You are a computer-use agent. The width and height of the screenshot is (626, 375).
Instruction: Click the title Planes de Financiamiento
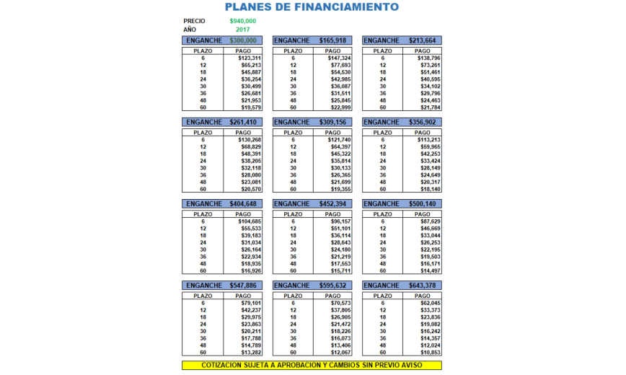tap(312, 7)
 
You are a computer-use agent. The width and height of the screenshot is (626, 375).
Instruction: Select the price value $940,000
tap(242, 21)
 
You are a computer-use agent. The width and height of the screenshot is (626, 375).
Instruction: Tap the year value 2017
tap(242, 30)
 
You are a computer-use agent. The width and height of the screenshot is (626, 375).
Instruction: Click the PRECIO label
tap(194, 21)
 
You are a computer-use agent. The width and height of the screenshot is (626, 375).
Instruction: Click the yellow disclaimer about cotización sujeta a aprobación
tap(312, 366)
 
